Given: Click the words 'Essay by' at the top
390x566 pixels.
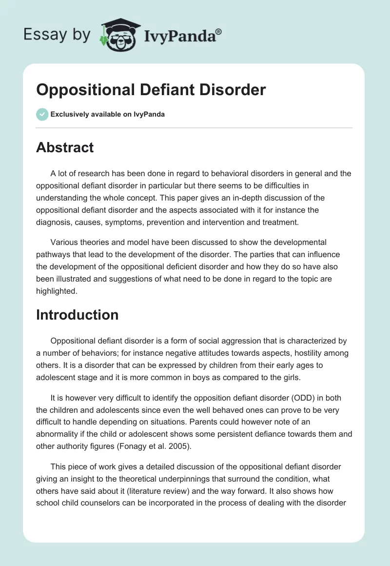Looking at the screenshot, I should point(57,35).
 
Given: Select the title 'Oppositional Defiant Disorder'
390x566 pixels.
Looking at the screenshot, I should point(151,90).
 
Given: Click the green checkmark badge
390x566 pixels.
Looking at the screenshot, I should point(42,114).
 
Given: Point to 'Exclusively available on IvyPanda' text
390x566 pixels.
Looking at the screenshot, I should point(108,115).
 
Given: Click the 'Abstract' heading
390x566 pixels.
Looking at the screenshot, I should point(65,148).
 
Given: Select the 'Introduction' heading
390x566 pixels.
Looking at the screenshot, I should point(77,315).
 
